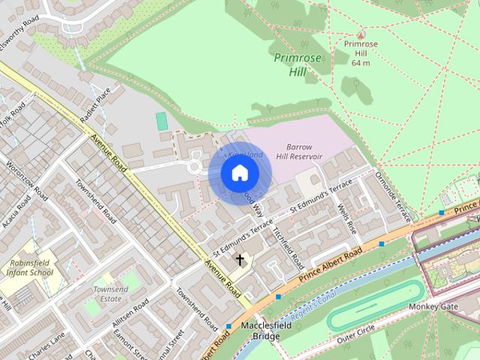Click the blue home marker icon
point(239,173)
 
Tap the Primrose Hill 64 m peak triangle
point(361,34)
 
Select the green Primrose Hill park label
point(295,64)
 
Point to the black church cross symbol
point(240,260)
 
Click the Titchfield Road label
point(289,248)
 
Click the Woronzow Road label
point(25,180)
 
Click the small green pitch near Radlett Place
point(161,121)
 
